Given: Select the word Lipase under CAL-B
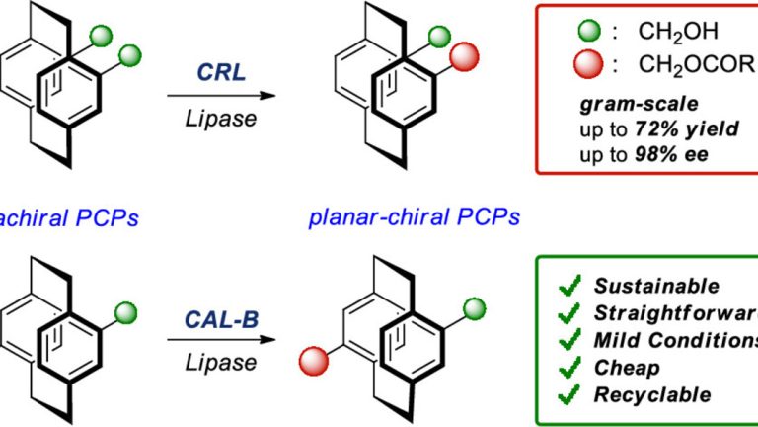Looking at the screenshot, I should click(216, 362).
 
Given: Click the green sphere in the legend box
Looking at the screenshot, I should click(588, 32).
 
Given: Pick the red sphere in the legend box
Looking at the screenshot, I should click(588, 67).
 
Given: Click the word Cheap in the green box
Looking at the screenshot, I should click(629, 368).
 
